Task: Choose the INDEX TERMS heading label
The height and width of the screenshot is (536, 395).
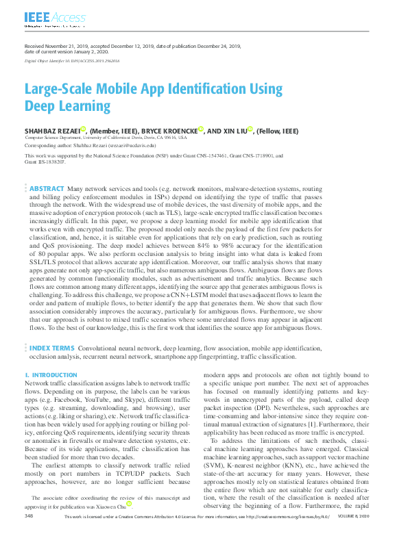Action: click(51, 348)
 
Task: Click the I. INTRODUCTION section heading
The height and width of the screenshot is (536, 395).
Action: click(51, 376)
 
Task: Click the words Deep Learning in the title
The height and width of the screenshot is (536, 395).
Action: click(67, 106)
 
